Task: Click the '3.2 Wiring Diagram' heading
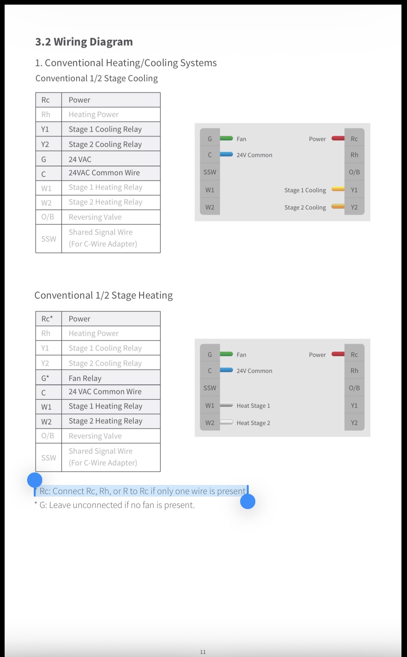(84, 42)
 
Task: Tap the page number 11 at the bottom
(203, 652)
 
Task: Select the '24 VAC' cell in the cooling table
(80, 159)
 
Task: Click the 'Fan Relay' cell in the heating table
(85, 378)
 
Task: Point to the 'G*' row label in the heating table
(45, 378)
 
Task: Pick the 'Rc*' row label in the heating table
(47, 319)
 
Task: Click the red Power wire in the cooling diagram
(338, 138)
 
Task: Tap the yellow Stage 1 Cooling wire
(338, 189)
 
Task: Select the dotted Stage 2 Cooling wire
(338, 206)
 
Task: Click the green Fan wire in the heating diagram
(226, 354)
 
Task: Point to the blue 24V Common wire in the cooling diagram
(226, 154)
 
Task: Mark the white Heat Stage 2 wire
(226, 422)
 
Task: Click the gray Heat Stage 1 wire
(226, 405)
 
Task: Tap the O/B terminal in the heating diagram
(354, 388)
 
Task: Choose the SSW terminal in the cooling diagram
(210, 172)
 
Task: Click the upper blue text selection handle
(35, 480)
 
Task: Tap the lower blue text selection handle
(248, 501)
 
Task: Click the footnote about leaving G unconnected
(114, 505)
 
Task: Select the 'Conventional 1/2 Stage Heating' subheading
(104, 295)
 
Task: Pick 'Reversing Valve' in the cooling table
(95, 217)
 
